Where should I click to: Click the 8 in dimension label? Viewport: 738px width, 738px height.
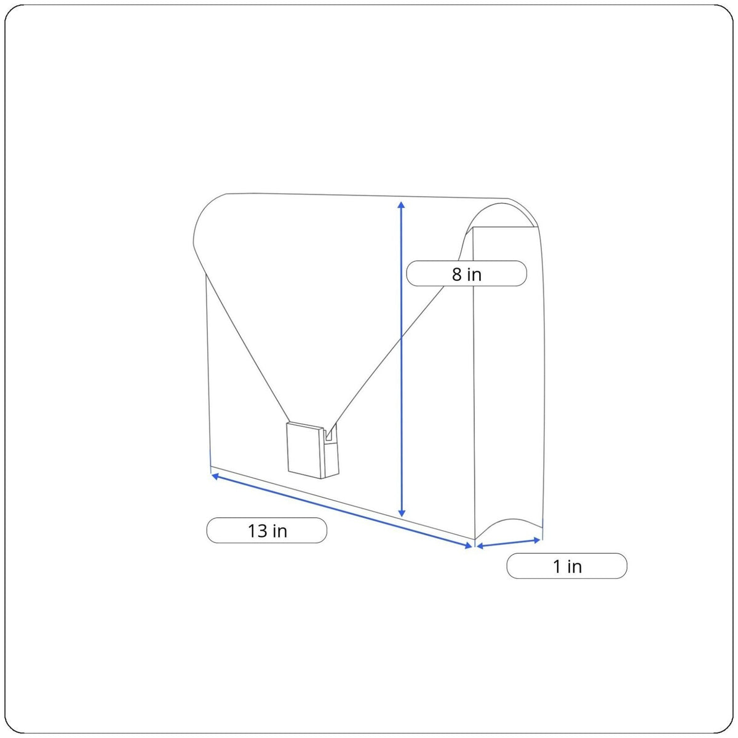[x=466, y=274]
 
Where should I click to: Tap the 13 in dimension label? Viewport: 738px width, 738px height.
[x=266, y=530]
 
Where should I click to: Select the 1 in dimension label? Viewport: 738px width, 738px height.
[x=567, y=566]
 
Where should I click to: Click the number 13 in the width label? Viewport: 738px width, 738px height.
[x=257, y=531]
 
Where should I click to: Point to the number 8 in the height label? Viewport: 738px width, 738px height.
[x=456, y=274]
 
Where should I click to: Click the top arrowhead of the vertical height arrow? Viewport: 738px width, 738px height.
[x=402, y=205]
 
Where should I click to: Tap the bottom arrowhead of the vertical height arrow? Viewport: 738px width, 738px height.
[x=402, y=512]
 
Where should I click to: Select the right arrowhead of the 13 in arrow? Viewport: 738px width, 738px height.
[x=469, y=546]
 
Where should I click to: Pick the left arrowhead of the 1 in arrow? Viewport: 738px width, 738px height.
[x=480, y=546]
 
